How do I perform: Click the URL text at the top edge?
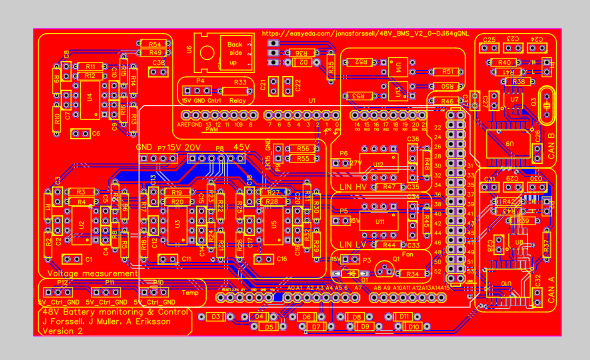click(365, 33)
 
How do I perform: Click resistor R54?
click(155, 45)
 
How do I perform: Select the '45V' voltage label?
click(241, 147)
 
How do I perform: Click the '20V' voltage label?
click(193, 147)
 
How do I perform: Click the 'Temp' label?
click(190, 293)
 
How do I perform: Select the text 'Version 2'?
click(62, 331)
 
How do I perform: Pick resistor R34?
click(411, 272)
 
